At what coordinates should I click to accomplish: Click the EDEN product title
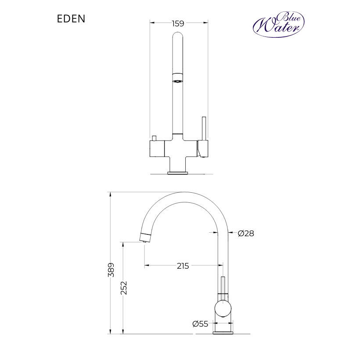[71, 18]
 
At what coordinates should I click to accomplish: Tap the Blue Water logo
[278, 24]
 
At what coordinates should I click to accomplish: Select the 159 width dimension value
[178, 23]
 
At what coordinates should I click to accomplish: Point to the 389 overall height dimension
[111, 270]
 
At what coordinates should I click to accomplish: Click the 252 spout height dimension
[124, 288]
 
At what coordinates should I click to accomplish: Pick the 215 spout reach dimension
[183, 266]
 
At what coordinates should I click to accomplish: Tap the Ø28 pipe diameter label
[246, 234]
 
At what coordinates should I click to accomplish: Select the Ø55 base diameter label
[200, 324]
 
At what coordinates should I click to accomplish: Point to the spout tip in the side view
[145, 238]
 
